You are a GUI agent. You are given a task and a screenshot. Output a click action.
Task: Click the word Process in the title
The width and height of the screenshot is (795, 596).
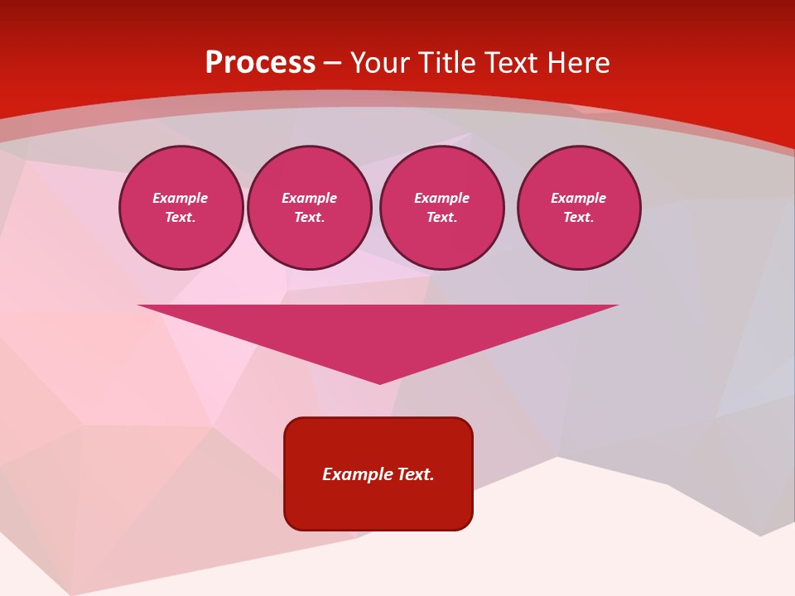click(260, 63)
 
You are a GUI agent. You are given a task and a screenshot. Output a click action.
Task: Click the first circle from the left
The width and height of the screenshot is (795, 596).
click(181, 208)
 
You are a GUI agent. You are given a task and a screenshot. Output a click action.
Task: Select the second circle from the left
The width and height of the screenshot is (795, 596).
click(310, 208)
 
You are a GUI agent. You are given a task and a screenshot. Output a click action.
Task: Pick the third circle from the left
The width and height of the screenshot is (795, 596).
click(442, 208)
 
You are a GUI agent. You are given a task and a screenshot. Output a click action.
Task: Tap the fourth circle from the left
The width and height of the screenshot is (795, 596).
click(579, 208)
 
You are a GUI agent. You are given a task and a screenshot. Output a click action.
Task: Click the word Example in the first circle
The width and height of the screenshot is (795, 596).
click(181, 198)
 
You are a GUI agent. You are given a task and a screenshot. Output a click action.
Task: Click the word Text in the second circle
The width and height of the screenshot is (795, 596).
click(309, 218)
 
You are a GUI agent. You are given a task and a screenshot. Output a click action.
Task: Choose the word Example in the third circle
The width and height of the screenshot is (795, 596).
click(442, 198)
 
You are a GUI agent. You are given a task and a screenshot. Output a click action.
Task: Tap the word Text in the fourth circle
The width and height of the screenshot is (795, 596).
click(578, 218)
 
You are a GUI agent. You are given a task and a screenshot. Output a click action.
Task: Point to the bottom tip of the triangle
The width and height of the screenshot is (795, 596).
click(379, 382)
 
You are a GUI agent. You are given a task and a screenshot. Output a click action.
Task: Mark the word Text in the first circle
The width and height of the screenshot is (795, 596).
click(181, 218)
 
